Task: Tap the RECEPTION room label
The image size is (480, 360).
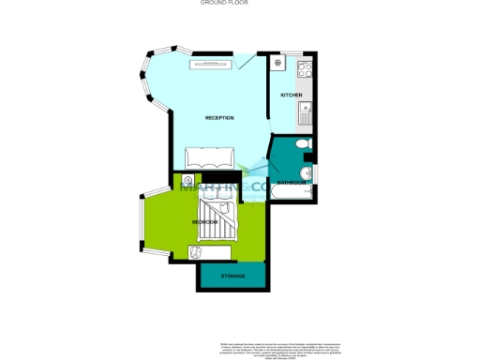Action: point(219,117)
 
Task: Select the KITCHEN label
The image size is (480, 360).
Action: point(292,96)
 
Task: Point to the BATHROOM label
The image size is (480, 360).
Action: point(291,183)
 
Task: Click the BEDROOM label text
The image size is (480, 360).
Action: point(205,222)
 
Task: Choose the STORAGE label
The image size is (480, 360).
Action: point(233,277)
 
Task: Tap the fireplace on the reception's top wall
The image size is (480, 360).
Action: point(210,64)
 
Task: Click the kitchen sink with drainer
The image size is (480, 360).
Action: point(306,114)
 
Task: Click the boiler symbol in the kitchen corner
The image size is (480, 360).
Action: point(278,64)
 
